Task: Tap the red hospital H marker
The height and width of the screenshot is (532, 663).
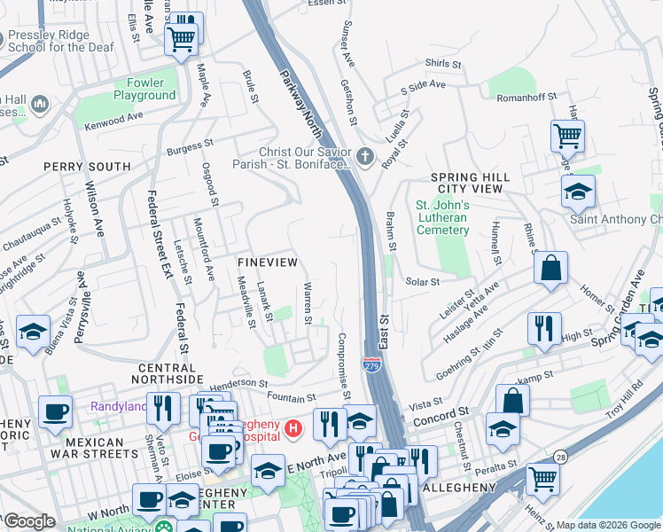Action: pyautogui.click(x=295, y=430)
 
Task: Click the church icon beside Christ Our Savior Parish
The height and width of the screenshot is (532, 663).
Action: pyautogui.click(x=364, y=157)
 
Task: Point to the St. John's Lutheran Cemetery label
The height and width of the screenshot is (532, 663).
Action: pyautogui.click(x=442, y=217)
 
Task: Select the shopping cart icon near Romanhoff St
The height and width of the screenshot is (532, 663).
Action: pyautogui.click(x=567, y=137)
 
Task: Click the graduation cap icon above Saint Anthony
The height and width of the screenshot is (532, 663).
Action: pyautogui.click(x=578, y=191)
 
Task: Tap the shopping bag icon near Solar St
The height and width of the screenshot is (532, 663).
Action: pyautogui.click(x=550, y=268)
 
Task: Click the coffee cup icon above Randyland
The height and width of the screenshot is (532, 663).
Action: pyautogui.click(x=55, y=411)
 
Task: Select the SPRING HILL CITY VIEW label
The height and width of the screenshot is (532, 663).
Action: pyautogui.click(x=470, y=184)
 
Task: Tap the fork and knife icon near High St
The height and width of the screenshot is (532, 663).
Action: pyautogui.click(x=543, y=327)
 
